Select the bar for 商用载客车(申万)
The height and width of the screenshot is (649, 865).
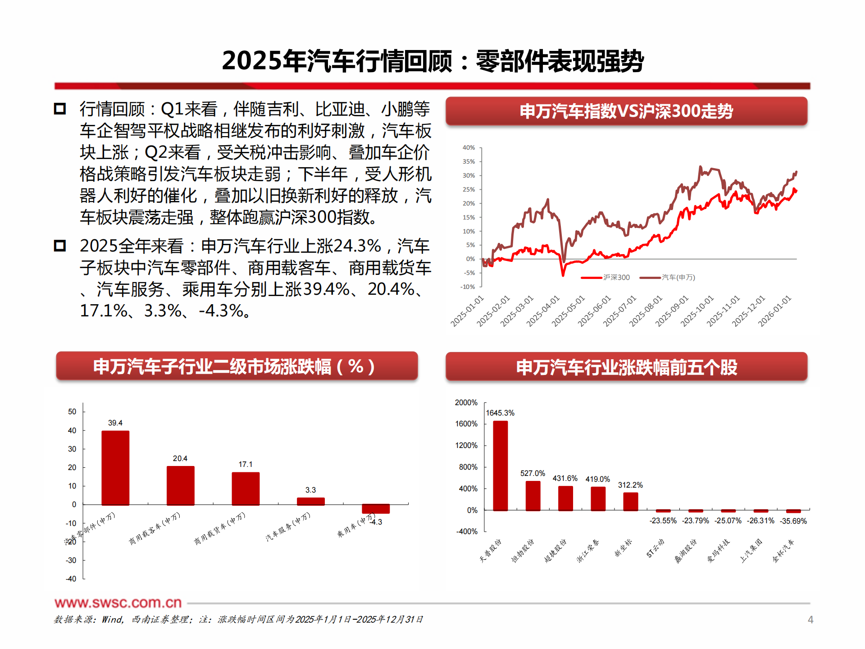(x=180, y=485)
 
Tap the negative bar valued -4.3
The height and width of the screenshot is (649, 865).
(x=376, y=508)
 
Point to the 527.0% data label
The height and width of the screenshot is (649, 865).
(x=533, y=473)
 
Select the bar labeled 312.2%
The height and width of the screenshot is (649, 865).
(x=630, y=501)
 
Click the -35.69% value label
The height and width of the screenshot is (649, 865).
(x=793, y=521)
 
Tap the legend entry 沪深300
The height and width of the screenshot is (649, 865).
(x=616, y=278)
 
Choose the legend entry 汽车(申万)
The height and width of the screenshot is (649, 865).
(x=678, y=278)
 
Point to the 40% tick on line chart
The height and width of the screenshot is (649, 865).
(x=469, y=148)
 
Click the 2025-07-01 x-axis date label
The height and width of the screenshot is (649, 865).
(x=620, y=311)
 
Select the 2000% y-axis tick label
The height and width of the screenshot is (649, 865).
(x=466, y=402)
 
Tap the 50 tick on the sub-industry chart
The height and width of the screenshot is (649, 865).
(x=72, y=411)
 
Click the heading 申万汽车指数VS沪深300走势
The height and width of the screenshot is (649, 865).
(x=626, y=111)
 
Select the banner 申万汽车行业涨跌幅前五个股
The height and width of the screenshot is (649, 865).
(x=626, y=367)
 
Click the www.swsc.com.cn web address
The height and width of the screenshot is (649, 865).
(x=118, y=603)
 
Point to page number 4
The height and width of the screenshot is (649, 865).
(x=810, y=620)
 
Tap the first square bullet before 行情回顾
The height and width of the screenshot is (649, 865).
(x=60, y=109)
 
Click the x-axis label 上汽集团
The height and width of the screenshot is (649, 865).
(x=751, y=551)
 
